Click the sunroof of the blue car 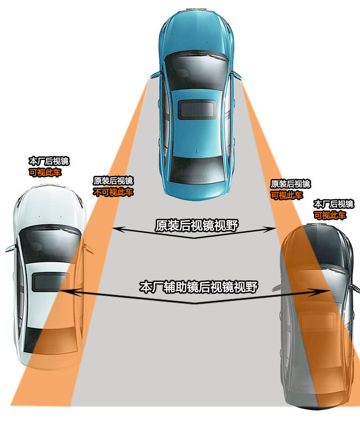(197, 110)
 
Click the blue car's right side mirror (237, 74)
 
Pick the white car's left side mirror (10, 248)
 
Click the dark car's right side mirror (354, 287)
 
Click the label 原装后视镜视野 (196, 225)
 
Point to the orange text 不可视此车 (113, 192)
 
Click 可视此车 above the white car (45, 173)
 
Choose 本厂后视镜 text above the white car (49, 161)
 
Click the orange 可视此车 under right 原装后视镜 (286, 195)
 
